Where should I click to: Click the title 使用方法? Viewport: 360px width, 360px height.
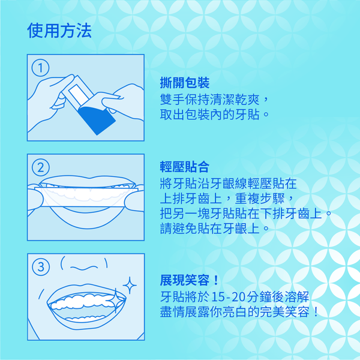(x=59, y=31)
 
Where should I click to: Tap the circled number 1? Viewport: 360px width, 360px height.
(x=40, y=68)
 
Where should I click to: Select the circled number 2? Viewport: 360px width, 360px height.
(x=40, y=167)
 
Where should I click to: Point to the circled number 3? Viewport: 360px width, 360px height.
(x=41, y=267)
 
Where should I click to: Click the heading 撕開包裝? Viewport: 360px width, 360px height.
(x=185, y=83)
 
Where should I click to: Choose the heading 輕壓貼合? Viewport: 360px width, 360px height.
(x=185, y=167)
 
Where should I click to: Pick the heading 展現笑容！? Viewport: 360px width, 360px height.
(x=190, y=280)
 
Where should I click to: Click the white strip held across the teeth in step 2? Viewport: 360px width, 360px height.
(x=86, y=197)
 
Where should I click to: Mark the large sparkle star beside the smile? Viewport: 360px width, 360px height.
(x=130, y=285)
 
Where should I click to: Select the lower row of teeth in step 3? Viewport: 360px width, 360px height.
(x=85, y=319)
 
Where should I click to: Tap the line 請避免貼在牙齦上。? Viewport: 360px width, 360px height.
(x=214, y=228)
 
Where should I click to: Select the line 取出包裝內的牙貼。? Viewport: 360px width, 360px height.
(x=214, y=114)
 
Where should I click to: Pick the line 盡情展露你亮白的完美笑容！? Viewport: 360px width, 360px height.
(x=239, y=312)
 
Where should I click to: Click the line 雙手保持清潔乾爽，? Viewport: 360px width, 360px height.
(x=214, y=99)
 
